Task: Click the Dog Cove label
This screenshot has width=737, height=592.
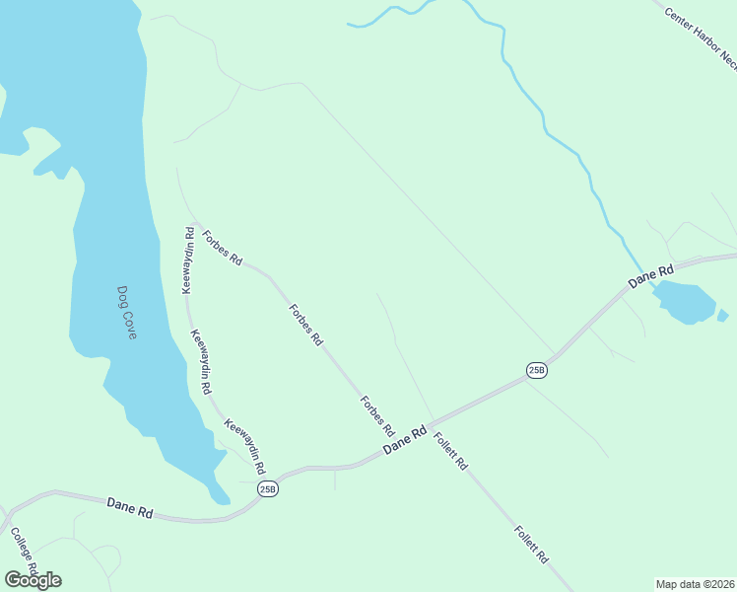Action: click(126, 313)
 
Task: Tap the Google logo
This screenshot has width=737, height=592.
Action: click(33, 580)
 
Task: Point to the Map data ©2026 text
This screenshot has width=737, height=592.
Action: click(695, 583)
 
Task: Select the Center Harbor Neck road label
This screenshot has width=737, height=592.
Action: click(701, 38)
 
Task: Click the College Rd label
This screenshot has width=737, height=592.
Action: click(24, 553)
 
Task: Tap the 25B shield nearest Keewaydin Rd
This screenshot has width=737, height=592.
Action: click(268, 488)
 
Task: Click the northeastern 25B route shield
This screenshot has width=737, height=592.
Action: click(536, 370)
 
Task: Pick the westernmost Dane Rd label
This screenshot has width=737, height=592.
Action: click(130, 508)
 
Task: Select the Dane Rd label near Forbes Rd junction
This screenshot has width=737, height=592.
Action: click(405, 439)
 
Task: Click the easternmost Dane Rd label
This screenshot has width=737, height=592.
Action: click(652, 276)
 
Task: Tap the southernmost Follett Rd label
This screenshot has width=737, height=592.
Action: click(530, 544)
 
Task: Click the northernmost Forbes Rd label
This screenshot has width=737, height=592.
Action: click(222, 248)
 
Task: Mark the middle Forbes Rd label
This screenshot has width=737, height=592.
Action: click(305, 324)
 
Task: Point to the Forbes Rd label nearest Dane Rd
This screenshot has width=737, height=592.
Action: click(377, 416)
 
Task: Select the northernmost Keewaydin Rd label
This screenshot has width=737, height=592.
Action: click(187, 260)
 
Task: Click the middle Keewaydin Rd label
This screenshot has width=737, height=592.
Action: click(201, 362)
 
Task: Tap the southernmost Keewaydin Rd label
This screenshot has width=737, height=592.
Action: click(246, 444)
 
